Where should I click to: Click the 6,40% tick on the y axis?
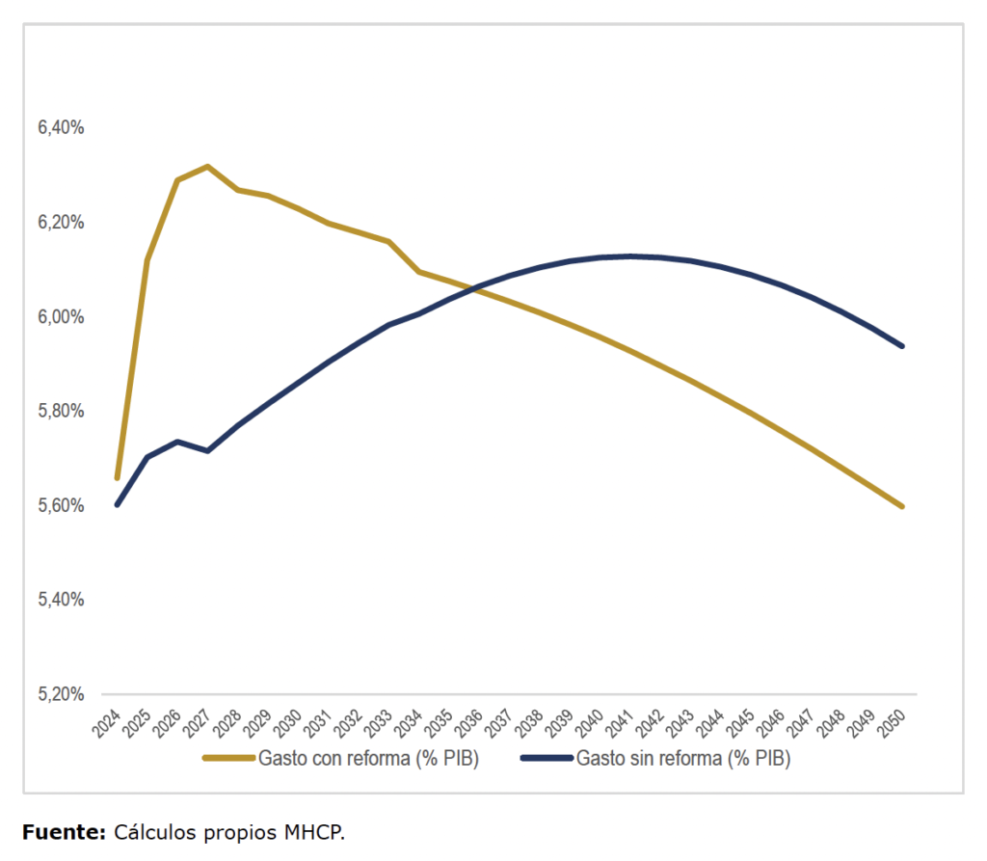pyautogui.click(x=62, y=127)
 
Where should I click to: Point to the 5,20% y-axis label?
pyautogui.click(x=62, y=694)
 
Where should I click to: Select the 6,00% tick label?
pyautogui.click(x=62, y=316)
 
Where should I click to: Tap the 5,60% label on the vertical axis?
pyautogui.click(x=62, y=505)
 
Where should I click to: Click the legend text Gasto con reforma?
pyautogui.click(x=368, y=759)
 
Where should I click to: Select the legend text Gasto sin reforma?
pyautogui.click(x=683, y=759)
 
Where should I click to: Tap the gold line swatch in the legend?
pyautogui.click(x=228, y=759)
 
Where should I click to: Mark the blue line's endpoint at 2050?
pyautogui.click(x=902, y=345)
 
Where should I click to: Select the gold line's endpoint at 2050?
pyautogui.click(x=902, y=506)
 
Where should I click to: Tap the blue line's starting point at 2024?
pyautogui.click(x=118, y=504)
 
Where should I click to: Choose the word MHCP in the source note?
pyautogui.click(x=314, y=832)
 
